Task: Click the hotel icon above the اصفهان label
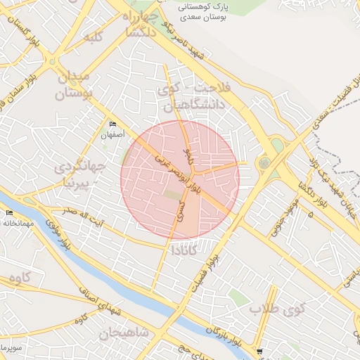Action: [x=112, y=124]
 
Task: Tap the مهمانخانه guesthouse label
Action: [x=18, y=223]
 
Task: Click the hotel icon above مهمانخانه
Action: [x=9, y=213]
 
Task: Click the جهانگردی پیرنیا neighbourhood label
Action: [x=78, y=176]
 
